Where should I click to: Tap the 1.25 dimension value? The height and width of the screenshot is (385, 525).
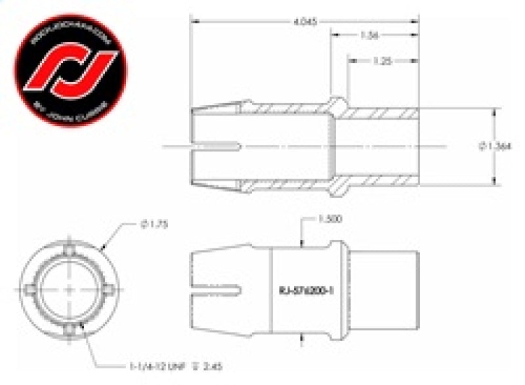pyautogui.click(x=383, y=60)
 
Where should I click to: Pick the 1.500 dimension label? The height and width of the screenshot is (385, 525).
pyautogui.click(x=330, y=219)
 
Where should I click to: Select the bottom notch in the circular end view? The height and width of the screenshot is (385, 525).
pyautogui.click(x=69, y=334)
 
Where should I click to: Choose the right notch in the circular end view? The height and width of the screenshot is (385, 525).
pyautogui.click(x=111, y=291)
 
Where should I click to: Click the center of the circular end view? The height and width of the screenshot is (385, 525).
pyautogui.click(x=69, y=291)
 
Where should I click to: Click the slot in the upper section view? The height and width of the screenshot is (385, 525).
pyautogui.click(x=217, y=145)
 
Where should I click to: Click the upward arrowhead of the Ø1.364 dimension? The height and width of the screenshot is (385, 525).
pyautogui.click(x=493, y=110)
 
